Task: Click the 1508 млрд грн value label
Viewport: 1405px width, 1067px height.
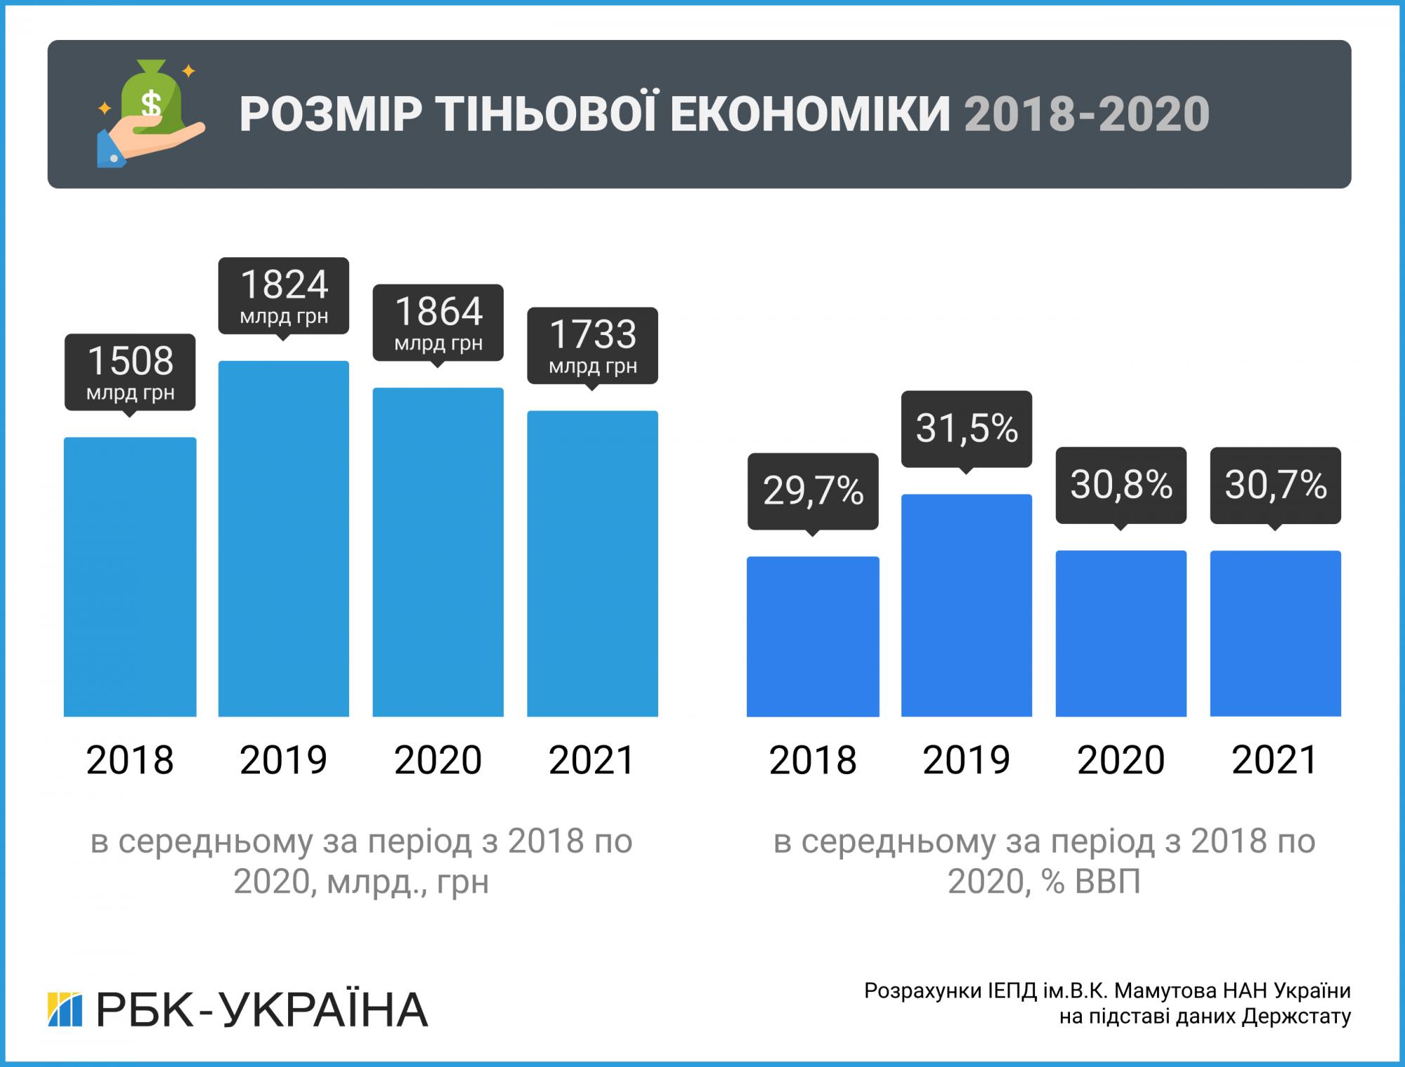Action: (130, 372)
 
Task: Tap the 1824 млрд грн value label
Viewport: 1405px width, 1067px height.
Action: (284, 296)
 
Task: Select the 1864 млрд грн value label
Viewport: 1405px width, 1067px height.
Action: (438, 322)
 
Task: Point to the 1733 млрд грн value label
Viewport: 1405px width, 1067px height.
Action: (592, 345)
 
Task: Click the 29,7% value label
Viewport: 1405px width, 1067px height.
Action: (813, 490)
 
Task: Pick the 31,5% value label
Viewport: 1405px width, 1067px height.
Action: (967, 428)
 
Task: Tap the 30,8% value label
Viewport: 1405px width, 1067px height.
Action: (1121, 485)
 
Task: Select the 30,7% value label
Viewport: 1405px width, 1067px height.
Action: (1275, 485)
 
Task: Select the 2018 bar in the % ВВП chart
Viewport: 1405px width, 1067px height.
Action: (813, 636)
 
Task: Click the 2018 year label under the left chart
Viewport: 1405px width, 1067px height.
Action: (130, 760)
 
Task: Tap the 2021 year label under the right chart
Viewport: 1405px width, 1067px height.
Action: (1275, 760)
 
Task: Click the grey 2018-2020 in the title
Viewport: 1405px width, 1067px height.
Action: (1086, 114)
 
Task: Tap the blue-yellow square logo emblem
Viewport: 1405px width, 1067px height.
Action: (65, 1010)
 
